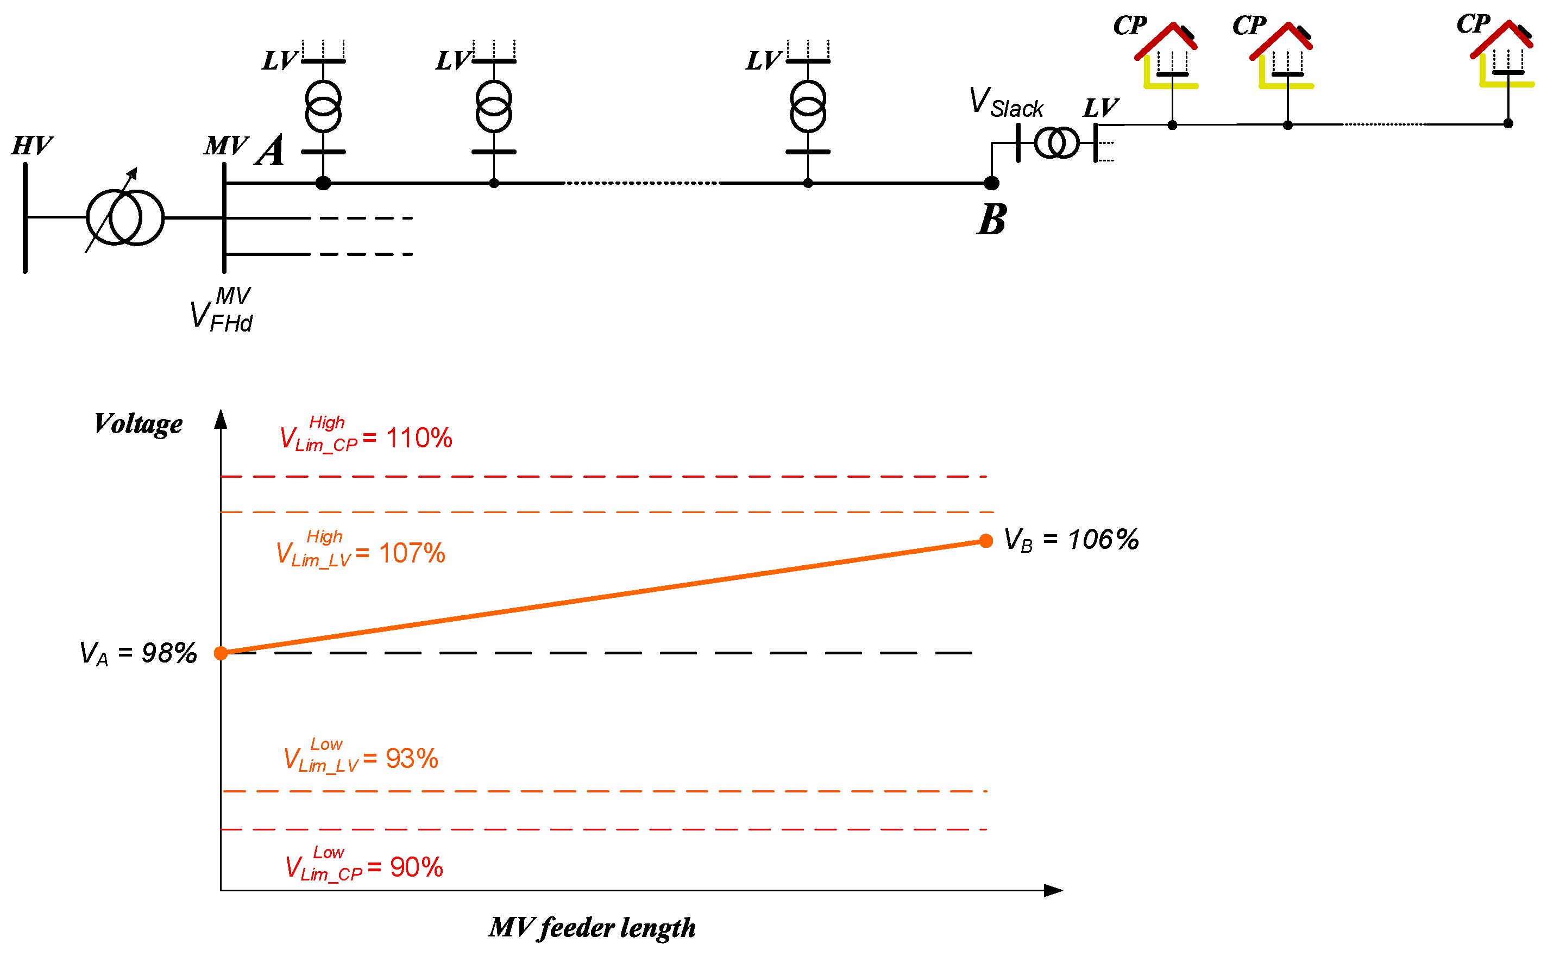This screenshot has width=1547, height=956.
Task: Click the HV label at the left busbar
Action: [32, 146]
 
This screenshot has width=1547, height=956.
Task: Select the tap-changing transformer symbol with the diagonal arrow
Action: [124, 217]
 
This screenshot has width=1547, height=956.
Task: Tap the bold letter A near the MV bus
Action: [271, 151]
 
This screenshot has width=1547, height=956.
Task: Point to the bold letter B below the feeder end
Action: [991, 220]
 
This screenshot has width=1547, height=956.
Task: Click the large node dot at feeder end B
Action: [991, 183]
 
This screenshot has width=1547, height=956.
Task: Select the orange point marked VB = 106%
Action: [986, 541]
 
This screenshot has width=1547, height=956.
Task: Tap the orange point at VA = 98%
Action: [221, 653]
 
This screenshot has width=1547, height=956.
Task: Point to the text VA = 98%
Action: [139, 653]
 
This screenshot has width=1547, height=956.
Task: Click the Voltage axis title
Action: [139, 423]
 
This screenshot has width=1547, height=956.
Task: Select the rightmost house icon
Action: [1505, 55]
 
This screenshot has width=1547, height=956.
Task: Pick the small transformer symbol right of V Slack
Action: [1056, 143]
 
